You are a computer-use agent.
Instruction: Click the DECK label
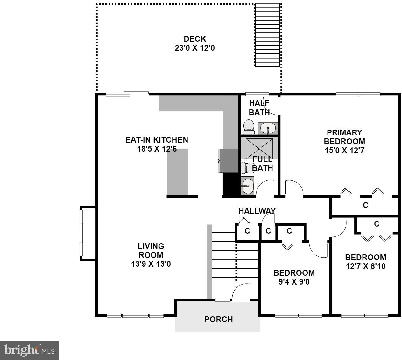[195, 39]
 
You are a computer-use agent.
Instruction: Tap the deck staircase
[267, 34]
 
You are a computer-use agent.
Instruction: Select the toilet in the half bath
[248, 127]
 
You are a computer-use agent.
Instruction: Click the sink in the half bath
[267, 128]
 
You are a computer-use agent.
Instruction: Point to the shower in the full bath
[259, 148]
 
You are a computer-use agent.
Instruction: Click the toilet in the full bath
[246, 167]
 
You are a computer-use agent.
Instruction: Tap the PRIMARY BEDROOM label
[344, 137]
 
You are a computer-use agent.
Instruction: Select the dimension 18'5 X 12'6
[157, 149]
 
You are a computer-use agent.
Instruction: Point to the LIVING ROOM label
[151, 251]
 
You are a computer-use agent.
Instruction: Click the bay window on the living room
[81, 233]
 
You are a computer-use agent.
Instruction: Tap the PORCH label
[218, 319]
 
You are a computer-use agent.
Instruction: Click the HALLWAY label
[257, 211]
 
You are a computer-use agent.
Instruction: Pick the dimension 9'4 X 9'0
[294, 282]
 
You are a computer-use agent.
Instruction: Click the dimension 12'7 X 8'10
[365, 266]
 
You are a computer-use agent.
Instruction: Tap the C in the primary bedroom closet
[365, 205]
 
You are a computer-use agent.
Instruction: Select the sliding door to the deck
[127, 94]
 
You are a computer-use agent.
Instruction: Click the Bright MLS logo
[29, 350]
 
